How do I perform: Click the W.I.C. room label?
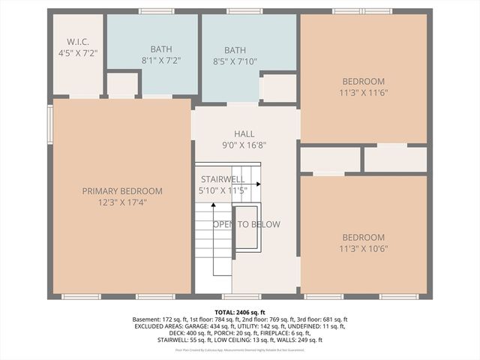pos(78,42)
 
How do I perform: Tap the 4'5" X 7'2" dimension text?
pos(78,54)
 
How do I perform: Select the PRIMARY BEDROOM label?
pos(122,191)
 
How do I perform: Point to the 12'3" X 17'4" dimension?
pos(122,202)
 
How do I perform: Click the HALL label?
pos(244,134)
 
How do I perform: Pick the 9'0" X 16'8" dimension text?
pos(244,145)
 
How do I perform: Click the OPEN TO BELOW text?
pos(246,224)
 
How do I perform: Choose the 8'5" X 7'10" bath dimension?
pos(235,61)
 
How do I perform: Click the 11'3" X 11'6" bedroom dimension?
pos(364,93)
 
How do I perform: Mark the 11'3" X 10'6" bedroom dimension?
pos(364,248)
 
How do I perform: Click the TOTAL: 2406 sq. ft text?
pos(240,312)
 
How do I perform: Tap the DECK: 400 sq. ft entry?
pos(154,333)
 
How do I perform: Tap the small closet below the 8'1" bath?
pos(122,84)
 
